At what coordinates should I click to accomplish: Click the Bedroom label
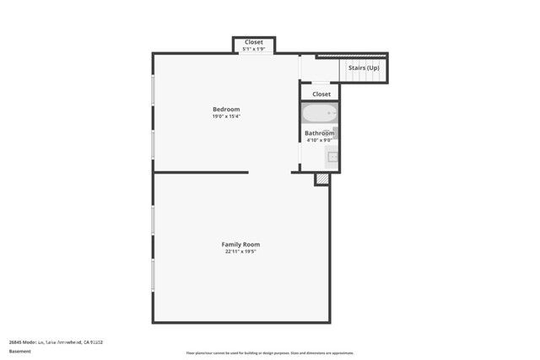(x=226, y=109)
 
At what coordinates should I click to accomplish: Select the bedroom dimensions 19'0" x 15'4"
(x=226, y=117)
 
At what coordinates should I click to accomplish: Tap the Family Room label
(x=240, y=244)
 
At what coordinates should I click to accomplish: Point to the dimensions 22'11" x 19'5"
(x=240, y=251)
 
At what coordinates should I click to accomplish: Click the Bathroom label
(x=320, y=133)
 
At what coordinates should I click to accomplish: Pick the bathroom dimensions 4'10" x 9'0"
(x=320, y=141)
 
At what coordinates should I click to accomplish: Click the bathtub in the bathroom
(x=320, y=114)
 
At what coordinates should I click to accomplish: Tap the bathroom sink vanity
(x=332, y=155)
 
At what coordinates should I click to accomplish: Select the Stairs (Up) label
(x=364, y=67)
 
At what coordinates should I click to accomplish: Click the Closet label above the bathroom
(x=321, y=94)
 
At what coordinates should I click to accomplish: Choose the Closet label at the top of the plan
(x=254, y=42)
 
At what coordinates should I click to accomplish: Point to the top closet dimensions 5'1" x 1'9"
(x=254, y=50)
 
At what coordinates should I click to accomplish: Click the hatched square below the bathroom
(x=321, y=179)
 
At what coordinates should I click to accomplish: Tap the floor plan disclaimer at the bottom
(x=270, y=353)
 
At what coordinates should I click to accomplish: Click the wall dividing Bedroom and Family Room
(x=201, y=172)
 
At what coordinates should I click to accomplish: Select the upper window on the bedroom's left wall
(x=153, y=94)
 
